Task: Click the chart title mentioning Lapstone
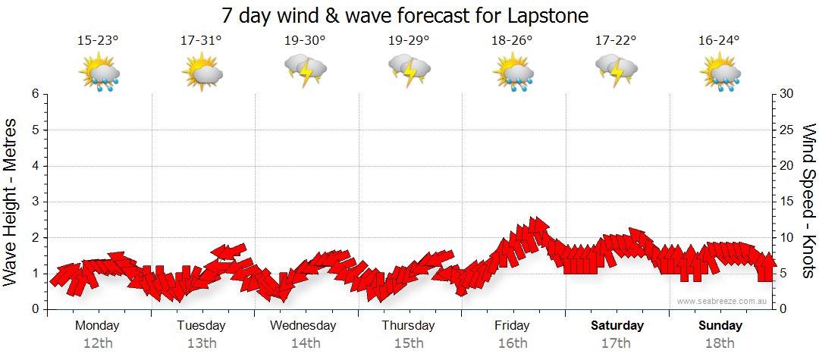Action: coord(405,15)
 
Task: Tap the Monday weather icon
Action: coord(99,74)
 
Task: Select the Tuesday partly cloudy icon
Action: coord(202,74)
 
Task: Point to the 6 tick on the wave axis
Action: coord(35,94)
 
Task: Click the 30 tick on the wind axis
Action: coord(788,94)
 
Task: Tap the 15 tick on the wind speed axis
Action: coord(788,202)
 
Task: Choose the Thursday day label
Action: coord(409,326)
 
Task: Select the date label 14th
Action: coord(305,343)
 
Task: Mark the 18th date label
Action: coord(720,343)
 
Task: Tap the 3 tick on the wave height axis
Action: coord(35,202)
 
